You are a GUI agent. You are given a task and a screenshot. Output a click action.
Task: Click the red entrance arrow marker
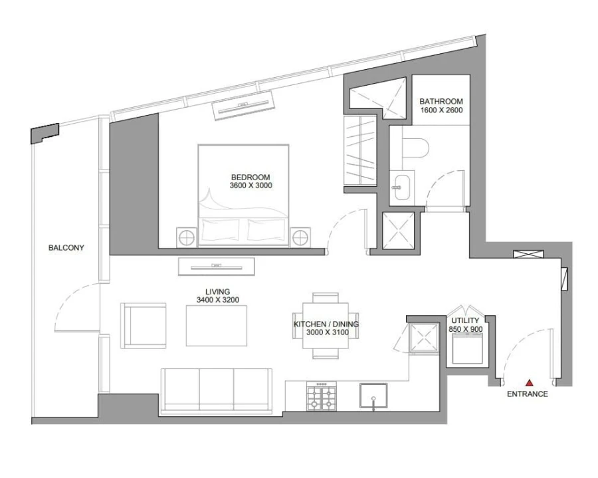tap(530, 382)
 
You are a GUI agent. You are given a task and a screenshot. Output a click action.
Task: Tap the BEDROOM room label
tap(250, 177)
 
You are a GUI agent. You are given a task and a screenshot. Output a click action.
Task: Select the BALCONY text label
tap(66, 248)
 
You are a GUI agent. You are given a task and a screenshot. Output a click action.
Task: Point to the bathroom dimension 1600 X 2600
tap(441, 110)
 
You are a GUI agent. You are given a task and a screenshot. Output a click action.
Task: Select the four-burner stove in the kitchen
tap(321, 398)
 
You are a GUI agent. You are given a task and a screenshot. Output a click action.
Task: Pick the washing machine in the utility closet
tap(466, 348)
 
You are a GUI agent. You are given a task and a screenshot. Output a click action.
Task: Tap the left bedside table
tap(187, 237)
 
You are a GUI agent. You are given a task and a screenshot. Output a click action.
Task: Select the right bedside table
tap(300, 237)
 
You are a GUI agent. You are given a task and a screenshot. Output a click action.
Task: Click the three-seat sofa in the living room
tap(216, 390)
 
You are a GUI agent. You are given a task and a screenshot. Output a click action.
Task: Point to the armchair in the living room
tap(143, 325)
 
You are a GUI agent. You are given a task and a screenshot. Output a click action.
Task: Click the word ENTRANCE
tap(528, 394)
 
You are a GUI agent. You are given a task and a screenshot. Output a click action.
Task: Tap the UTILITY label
tap(464, 320)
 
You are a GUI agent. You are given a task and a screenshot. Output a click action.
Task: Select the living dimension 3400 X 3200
tap(218, 300)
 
